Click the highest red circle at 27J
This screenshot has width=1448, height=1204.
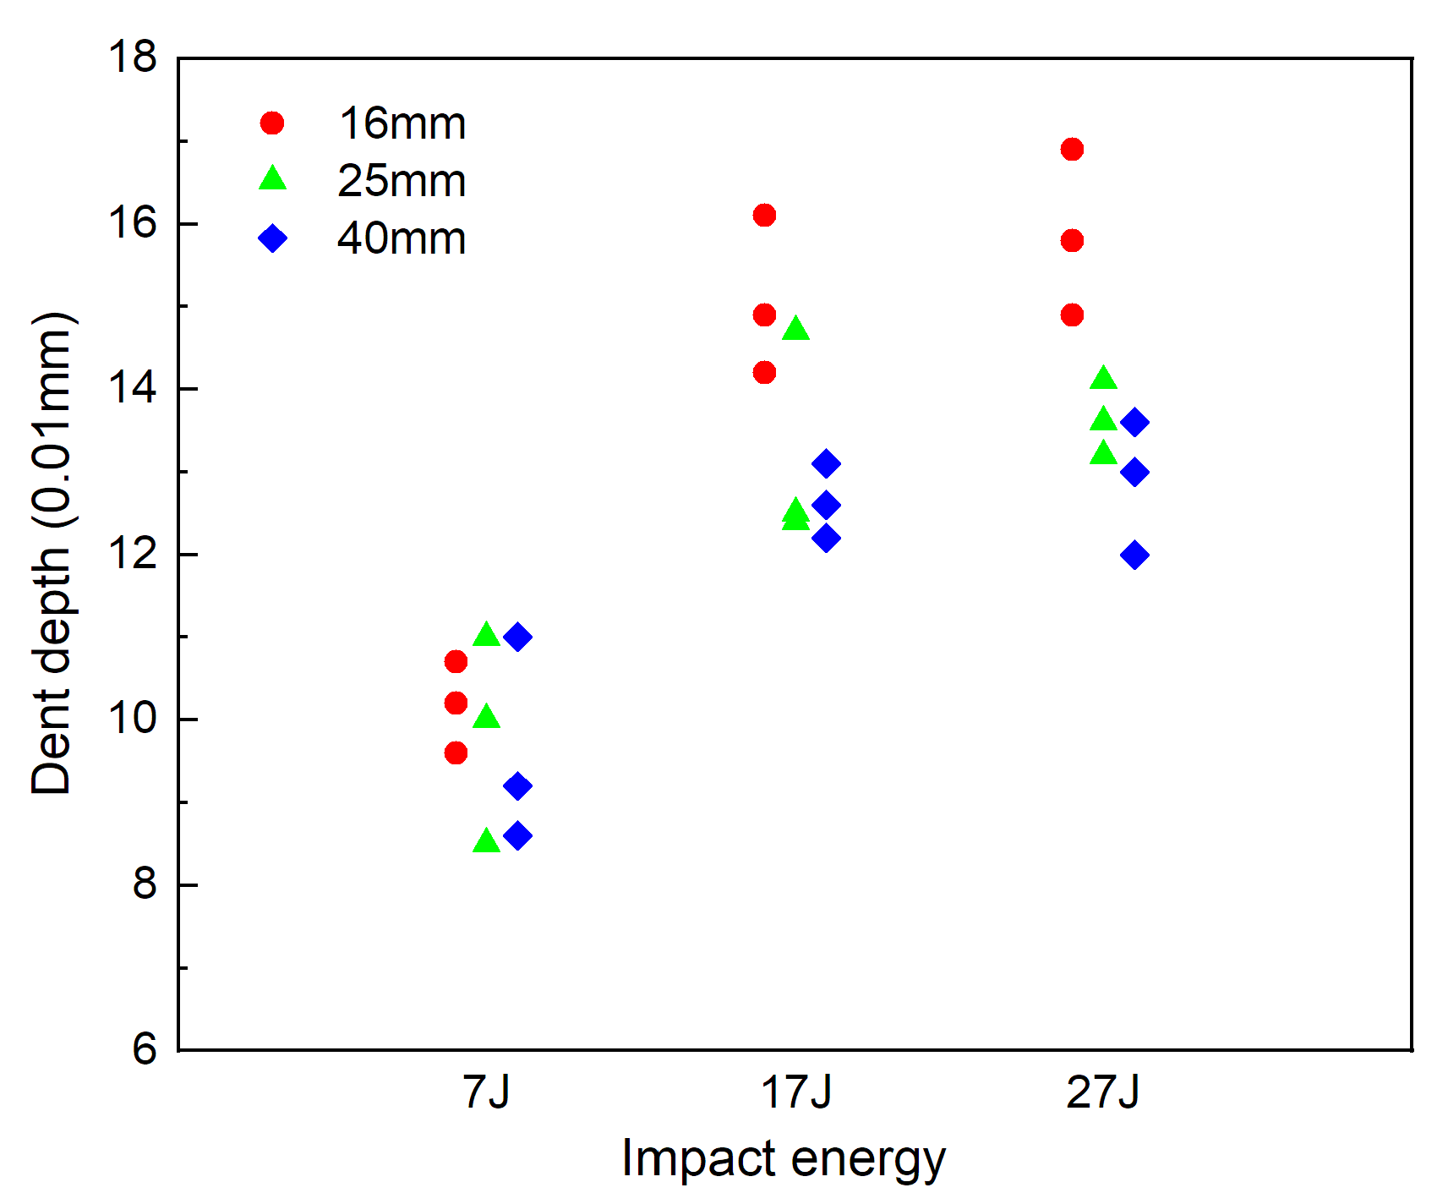[1072, 150]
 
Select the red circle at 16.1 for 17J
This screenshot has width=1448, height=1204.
[764, 216]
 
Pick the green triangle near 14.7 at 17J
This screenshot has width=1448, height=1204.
[795, 330]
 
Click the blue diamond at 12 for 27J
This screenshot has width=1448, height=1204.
[1134, 555]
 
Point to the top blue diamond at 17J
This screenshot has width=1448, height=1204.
[826, 463]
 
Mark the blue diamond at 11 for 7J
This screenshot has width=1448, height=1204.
[517, 637]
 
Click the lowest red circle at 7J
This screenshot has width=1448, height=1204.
[456, 752]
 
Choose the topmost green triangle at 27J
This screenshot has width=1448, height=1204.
[1103, 379]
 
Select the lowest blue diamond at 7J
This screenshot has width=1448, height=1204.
[517, 836]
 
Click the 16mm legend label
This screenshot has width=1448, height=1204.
[402, 124]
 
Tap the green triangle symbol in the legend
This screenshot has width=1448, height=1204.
[273, 179]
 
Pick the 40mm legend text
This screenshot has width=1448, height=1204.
[402, 239]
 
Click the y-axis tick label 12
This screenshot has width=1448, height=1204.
[133, 554]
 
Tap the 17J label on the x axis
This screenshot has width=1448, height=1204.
[795, 1092]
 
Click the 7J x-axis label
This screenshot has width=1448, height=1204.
[487, 1092]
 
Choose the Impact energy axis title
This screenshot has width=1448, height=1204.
[783, 1159]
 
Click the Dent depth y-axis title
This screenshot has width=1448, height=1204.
[52, 554]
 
